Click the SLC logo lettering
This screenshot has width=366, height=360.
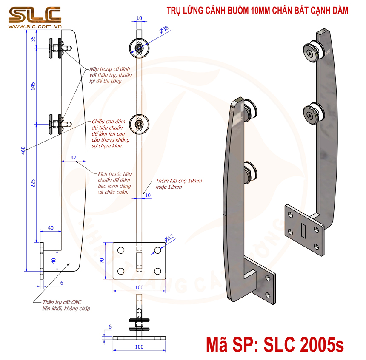tap(35, 15)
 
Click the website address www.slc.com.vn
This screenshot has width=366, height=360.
tap(35, 26)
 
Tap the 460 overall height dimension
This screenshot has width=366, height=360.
tap(23, 150)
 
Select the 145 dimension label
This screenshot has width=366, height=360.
tap(33, 86)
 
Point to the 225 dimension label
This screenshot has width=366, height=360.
tap(33, 183)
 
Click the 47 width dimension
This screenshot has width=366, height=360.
tap(74, 158)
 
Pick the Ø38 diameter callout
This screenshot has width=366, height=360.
tap(164, 29)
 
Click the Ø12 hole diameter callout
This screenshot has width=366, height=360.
tap(169, 238)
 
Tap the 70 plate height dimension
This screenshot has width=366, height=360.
tap(102, 261)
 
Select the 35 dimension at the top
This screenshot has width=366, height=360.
tap(33, 39)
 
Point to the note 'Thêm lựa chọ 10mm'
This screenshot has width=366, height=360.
tap(179, 181)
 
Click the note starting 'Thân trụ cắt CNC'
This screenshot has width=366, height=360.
tap(66, 306)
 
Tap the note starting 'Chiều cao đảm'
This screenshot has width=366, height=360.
tap(110, 133)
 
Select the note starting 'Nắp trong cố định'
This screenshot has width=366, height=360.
tap(110, 75)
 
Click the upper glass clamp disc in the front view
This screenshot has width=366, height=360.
tap(139, 48)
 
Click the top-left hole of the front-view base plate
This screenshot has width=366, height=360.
tap(121, 250)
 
